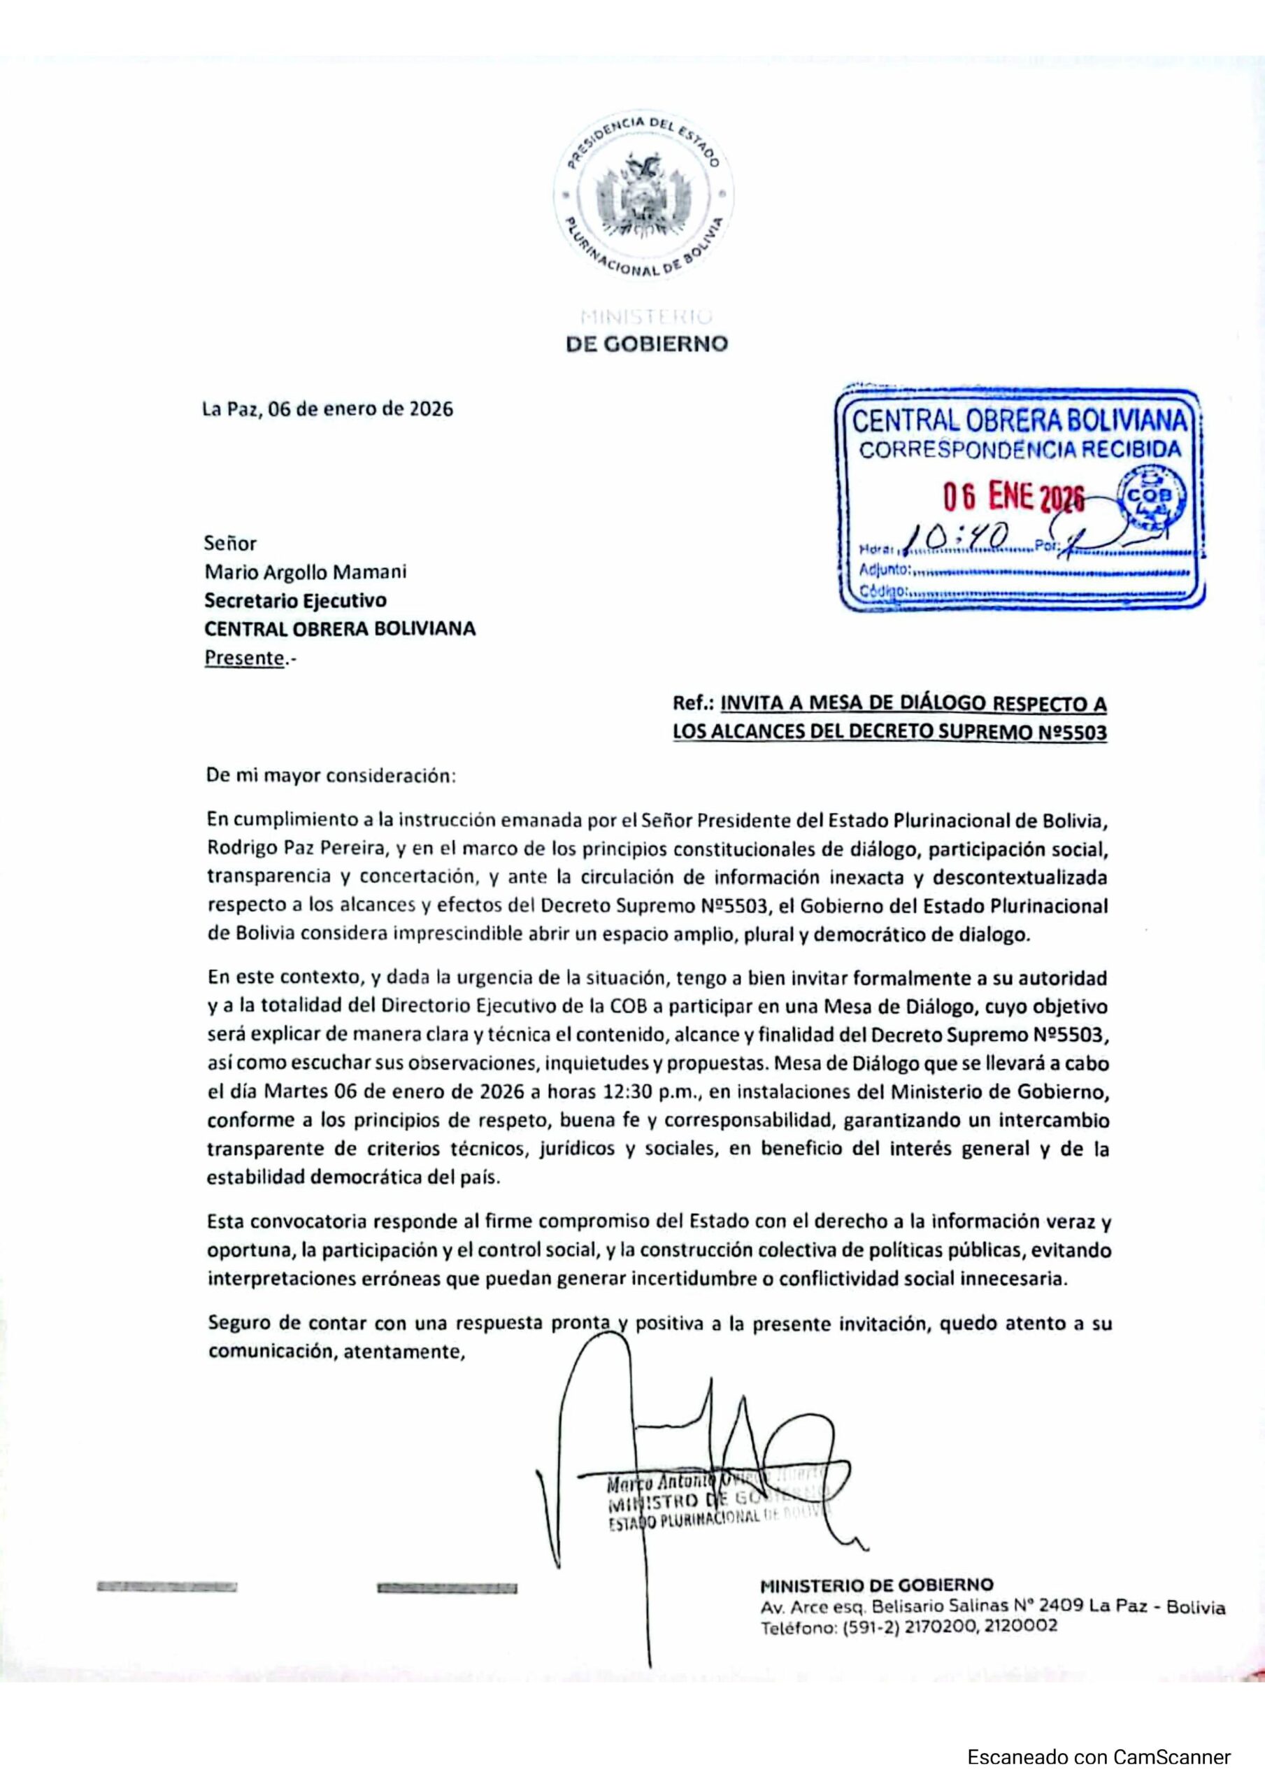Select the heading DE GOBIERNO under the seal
click(647, 344)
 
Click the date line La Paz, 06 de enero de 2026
click(327, 409)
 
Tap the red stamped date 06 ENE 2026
click(1013, 496)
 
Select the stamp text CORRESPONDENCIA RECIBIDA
click(1020, 449)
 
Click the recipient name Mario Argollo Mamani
click(305, 572)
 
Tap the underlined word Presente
click(244, 658)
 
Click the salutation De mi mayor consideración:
click(330, 776)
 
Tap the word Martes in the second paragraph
click(296, 1091)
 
